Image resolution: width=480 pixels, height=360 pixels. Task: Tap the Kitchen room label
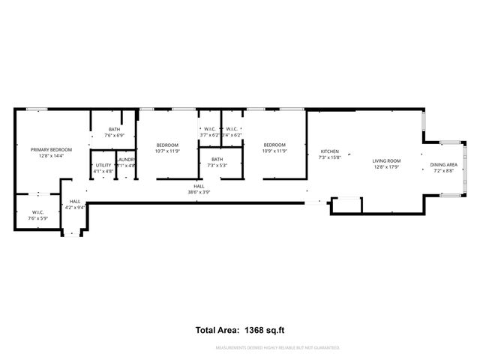point(329,151)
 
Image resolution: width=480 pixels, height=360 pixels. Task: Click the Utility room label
point(103,165)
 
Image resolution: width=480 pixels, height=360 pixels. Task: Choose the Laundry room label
point(125,159)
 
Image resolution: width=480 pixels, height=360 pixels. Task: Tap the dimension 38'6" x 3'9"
point(199,191)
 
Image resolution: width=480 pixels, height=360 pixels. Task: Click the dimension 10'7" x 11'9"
point(167,151)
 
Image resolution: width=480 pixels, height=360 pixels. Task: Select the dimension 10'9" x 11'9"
point(274,151)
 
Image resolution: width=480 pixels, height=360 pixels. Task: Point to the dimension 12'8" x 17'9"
point(387,167)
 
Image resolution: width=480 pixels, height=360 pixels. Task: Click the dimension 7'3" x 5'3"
point(217,165)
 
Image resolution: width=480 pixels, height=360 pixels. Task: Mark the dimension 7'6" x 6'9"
point(114,136)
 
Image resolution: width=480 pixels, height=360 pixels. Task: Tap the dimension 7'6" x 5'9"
point(37,218)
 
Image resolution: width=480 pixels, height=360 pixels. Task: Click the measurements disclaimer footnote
point(277,348)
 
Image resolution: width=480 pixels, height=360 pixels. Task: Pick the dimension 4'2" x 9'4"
point(75,207)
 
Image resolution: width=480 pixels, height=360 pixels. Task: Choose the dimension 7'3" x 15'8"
point(329,157)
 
